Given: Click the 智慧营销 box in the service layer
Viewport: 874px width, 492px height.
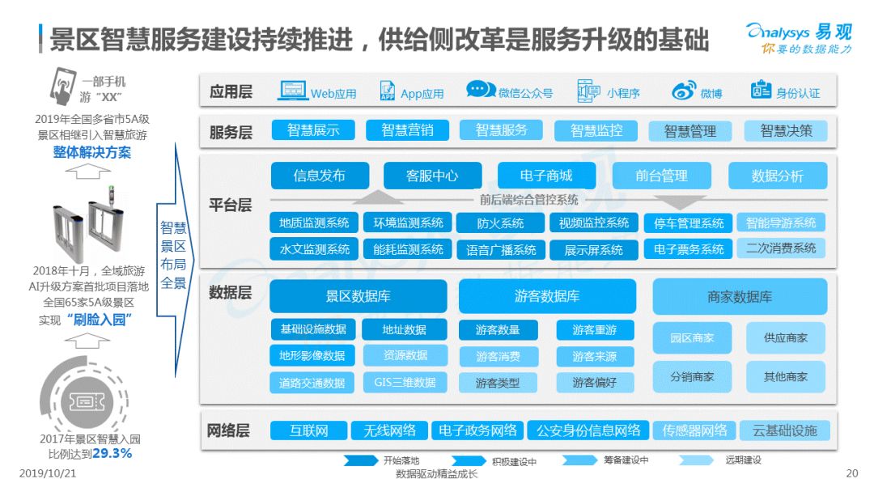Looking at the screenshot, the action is click(407, 130).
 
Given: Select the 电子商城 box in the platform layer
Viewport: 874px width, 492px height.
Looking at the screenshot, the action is click(545, 176).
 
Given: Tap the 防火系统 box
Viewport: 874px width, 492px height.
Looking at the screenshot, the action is click(500, 223).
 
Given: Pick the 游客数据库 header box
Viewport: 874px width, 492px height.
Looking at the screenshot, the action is click(547, 296).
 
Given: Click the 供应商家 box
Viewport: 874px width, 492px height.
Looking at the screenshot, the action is click(785, 337).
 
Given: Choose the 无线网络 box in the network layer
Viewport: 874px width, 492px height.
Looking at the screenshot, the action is click(389, 430).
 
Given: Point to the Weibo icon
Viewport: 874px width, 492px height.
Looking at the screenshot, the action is click(683, 91).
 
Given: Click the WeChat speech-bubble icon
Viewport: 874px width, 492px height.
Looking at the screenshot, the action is click(481, 89).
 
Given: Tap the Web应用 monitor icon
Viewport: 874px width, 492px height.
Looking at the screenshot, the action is click(293, 91).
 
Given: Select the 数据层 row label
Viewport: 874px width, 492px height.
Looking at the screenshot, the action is click(230, 292).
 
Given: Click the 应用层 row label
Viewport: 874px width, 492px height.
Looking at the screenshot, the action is click(231, 91).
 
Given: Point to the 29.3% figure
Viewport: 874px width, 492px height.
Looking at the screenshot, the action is click(112, 453).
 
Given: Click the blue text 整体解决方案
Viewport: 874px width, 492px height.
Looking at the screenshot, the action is click(92, 152).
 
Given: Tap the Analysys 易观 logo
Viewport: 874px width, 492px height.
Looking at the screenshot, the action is click(800, 38).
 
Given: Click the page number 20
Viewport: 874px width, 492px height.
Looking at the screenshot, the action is click(851, 473).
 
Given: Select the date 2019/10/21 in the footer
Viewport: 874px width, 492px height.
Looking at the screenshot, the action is click(48, 473).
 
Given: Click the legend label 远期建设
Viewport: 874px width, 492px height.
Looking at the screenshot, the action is click(743, 460).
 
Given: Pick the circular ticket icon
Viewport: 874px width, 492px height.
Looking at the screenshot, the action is click(85, 400).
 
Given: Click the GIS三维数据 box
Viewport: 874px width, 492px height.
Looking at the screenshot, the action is click(405, 383).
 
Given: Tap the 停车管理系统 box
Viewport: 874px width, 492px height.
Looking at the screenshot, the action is click(689, 223).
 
